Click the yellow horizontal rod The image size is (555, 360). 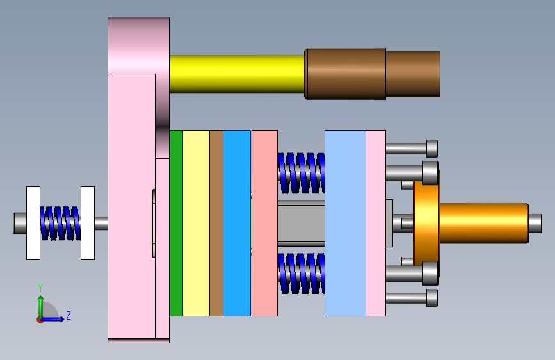coord(237,74)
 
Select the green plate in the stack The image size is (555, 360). coord(176,223)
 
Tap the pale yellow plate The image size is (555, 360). coord(197,223)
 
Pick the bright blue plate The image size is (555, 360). coord(237,223)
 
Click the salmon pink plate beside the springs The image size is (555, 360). coord(264,223)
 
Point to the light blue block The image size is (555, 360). coord(345,223)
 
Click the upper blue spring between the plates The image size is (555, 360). coord(302,173)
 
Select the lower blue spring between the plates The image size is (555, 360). coord(302,273)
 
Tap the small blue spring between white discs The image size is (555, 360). coord(60,223)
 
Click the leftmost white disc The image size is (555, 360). coord(33,223)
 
